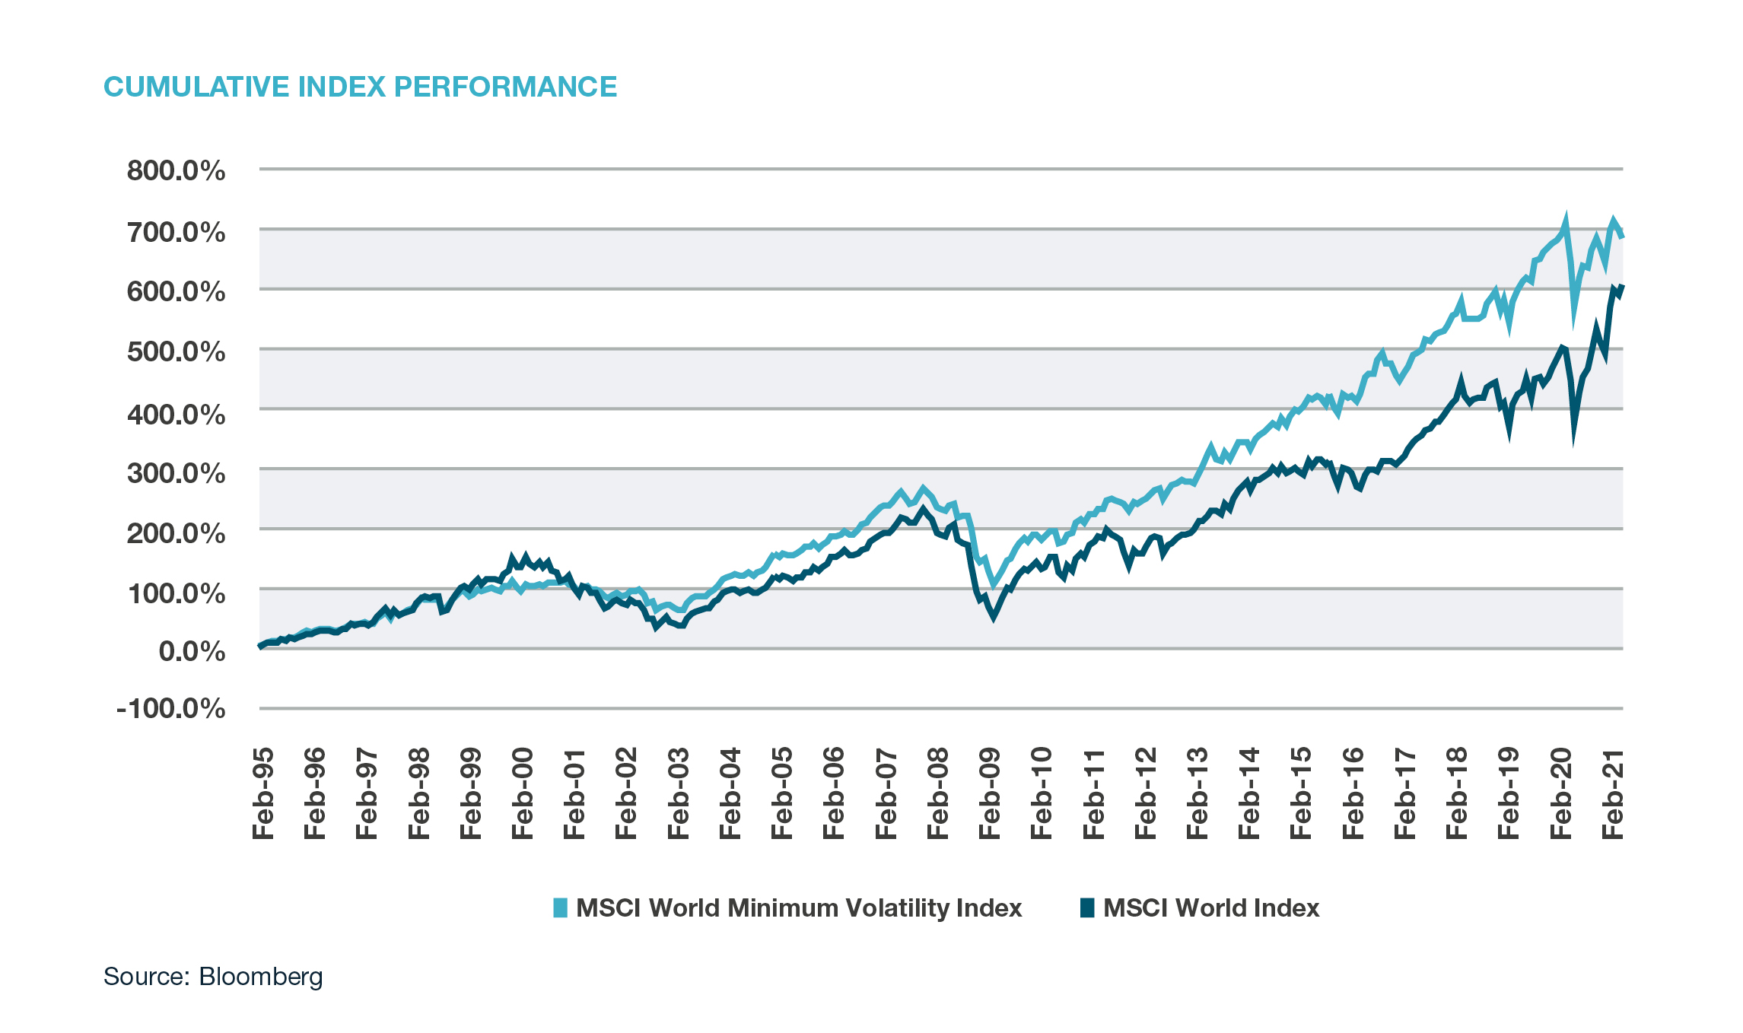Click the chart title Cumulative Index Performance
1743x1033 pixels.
click(x=360, y=87)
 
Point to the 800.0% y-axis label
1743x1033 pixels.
click(x=176, y=170)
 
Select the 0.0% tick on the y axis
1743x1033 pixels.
click(x=192, y=651)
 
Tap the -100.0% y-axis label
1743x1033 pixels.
click(x=170, y=709)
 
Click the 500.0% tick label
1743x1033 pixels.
click(x=176, y=352)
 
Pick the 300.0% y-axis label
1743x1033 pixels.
click(x=176, y=473)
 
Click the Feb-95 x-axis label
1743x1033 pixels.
click(x=263, y=793)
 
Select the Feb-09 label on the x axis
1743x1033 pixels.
click(x=990, y=793)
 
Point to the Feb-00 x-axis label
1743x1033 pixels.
click(x=523, y=793)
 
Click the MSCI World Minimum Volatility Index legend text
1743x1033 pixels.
click(x=798, y=908)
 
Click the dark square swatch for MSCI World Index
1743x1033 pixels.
click(x=1087, y=907)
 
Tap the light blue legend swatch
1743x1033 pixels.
click(x=560, y=907)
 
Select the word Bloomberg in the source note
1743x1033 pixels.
click(x=261, y=977)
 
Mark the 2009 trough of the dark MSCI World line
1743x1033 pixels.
click(x=993, y=617)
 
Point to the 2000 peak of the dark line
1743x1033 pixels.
click(x=512, y=557)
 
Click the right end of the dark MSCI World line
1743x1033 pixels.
click(x=1622, y=286)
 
